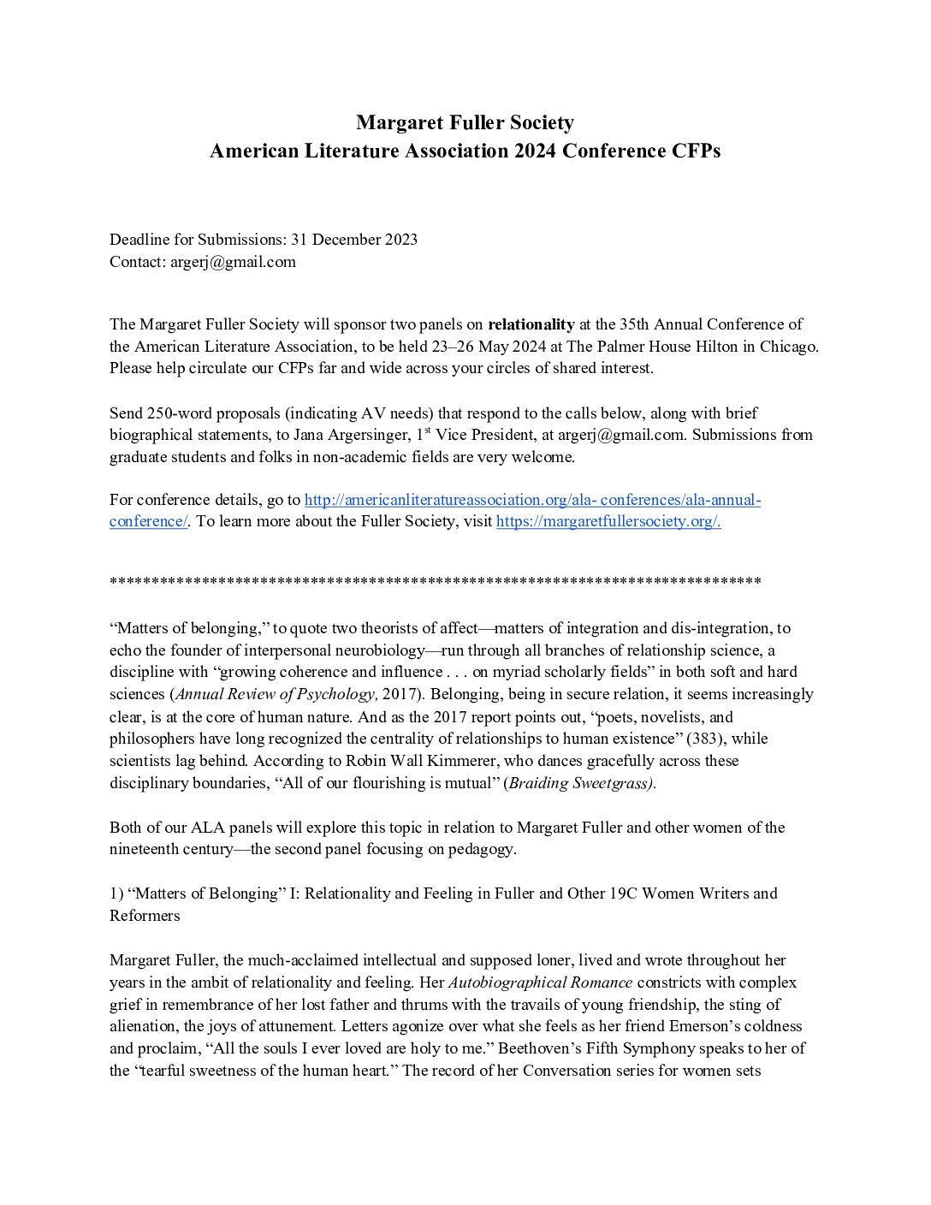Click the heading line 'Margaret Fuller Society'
(x=465, y=122)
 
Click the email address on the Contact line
(x=233, y=262)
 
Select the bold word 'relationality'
(x=531, y=324)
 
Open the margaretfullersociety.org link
(x=608, y=521)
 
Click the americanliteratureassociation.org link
(x=532, y=500)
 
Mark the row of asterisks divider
(x=435, y=584)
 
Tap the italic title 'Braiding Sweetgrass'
(x=580, y=783)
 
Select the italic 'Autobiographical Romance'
(x=540, y=982)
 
